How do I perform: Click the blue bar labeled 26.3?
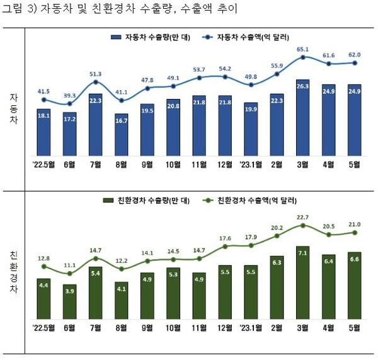[302, 118]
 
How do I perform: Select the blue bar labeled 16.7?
[122, 136]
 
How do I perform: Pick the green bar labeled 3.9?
[70, 301]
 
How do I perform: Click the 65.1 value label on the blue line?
[302, 49]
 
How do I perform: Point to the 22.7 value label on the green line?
[302, 218]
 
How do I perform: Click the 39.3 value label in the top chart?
[70, 95]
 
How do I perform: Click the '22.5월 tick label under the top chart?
[43, 165]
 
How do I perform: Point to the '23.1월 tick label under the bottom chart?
[250, 328]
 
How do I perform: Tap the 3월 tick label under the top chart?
[302, 165]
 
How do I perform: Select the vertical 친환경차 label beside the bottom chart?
[13, 272]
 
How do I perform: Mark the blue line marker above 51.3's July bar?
[96, 82]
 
